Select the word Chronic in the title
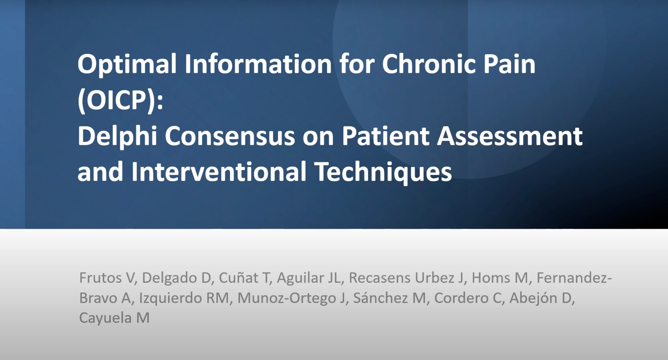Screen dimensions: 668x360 tap(429, 64)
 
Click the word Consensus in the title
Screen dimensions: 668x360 tap(230, 136)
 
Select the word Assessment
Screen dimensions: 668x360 tap(510, 136)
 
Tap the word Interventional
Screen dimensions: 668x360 tap(219, 172)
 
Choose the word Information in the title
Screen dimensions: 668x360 tap(258, 64)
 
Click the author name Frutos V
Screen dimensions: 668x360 tap(106, 278)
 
